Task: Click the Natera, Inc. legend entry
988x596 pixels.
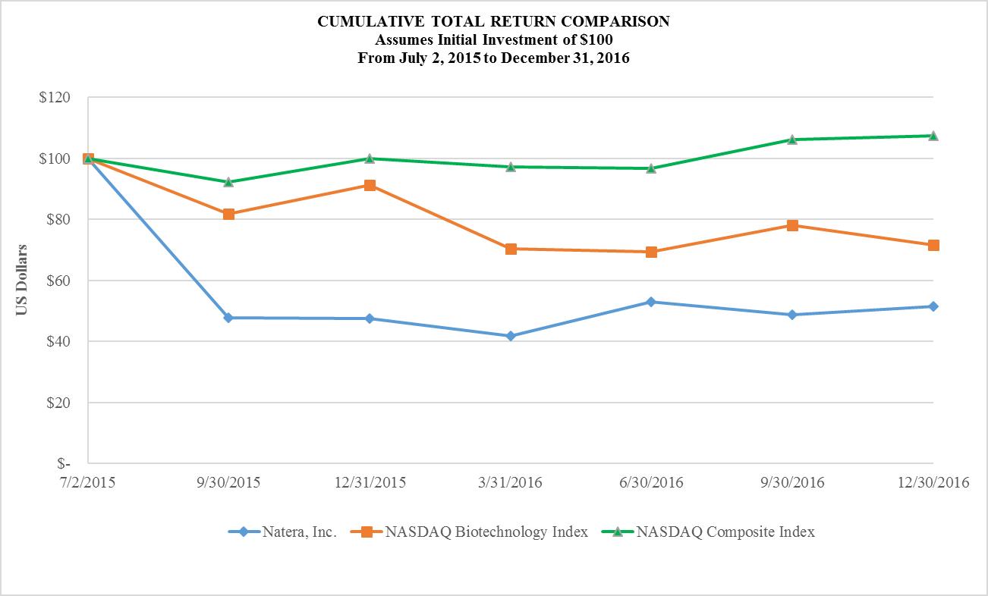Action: pos(282,532)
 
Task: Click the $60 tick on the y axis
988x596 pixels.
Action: pos(56,281)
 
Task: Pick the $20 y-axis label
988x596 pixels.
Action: pos(56,403)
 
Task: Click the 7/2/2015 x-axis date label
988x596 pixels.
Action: pos(89,482)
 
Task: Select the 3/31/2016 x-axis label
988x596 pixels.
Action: pos(511,482)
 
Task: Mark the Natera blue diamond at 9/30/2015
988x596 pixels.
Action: pos(228,318)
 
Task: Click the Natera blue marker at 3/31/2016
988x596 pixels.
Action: pos(511,336)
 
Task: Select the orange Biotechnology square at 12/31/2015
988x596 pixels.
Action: pos(370,185)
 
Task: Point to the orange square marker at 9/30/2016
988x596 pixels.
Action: pos(792,225)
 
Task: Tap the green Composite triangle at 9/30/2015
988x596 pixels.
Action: pos(228,182)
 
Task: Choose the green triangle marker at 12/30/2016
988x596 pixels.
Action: pos(933,136)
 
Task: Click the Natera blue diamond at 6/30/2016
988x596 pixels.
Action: pos(651,302)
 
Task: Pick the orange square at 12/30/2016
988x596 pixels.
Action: pos(933,245)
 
